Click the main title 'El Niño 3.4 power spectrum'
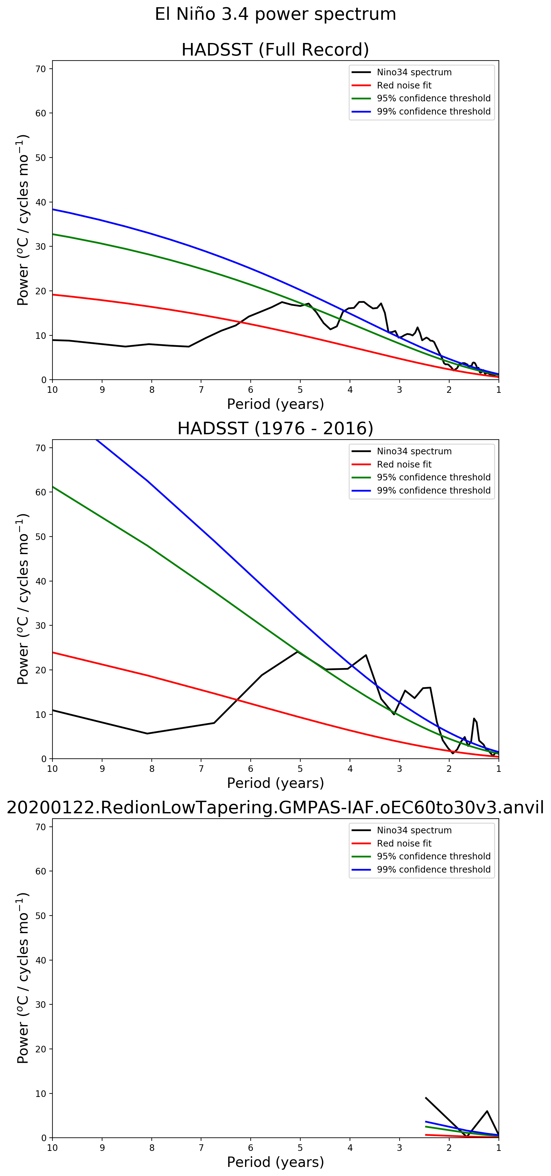coord(275,14)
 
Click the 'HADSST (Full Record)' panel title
coord(275,49)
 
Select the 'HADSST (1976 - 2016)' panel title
coord(275,428)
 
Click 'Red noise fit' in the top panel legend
coord(404,85)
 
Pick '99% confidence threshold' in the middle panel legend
coord(433,490)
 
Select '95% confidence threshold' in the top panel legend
coord(433,98)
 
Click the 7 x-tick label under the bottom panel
coord(201,1148)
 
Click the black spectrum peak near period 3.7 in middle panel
coord(366,655)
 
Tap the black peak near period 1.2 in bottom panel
coord(487,1111)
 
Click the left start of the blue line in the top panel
coord(53,209)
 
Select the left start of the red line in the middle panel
coord(53,652)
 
